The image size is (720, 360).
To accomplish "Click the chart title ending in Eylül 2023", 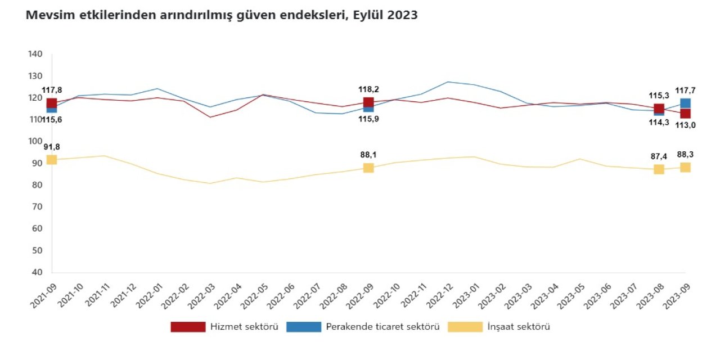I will point(222,16).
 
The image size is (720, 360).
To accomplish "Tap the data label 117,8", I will point(52,90).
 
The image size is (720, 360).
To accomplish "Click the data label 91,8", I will point(51,147).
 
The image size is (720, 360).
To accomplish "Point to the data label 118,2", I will point(368,89).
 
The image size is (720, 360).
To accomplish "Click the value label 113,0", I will point(686,125).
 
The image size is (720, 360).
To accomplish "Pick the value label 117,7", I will point(686,90).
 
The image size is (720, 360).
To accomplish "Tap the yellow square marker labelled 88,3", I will point(685,167).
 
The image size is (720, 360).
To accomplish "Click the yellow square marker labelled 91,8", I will point(51,159).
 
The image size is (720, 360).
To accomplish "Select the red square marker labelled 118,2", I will point(368,102).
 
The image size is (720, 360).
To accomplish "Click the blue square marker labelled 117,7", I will point(685,103).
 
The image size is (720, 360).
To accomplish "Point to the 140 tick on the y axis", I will point(35,54).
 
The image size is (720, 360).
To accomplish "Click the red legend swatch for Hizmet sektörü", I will point(188,327).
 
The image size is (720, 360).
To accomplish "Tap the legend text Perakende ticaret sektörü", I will point(382,327).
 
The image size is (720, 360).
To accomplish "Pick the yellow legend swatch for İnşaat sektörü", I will point(465,327).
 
